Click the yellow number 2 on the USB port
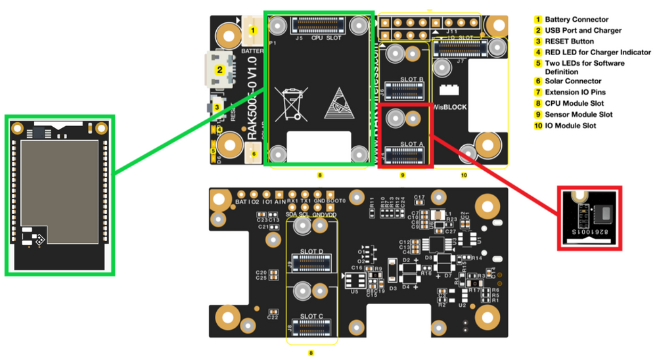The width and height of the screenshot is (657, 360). pos(220,68)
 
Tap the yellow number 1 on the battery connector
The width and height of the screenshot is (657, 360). pos(252,30)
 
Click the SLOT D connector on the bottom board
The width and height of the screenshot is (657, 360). pos(311,264)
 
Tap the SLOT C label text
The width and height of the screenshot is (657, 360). pos(311,316)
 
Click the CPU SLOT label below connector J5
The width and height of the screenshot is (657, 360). pos(326,38)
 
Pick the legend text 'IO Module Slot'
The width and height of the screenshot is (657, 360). pos(570,125)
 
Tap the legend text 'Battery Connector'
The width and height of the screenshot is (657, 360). pos(576,20)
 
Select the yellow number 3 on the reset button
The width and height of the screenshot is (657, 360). pos(219,106)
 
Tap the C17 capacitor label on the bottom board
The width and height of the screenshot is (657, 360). pos(420,197)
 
